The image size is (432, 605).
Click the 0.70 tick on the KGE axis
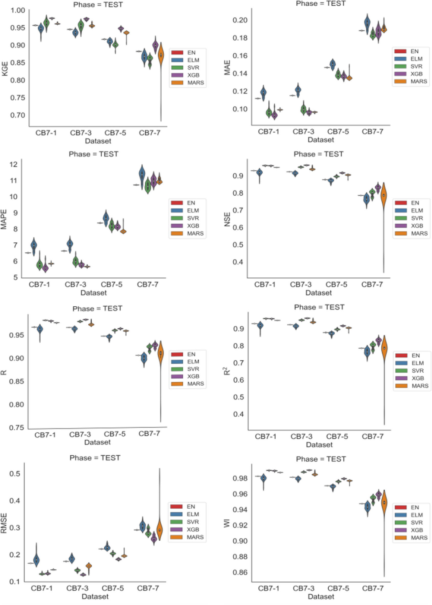18,115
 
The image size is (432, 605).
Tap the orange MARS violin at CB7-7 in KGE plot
161,55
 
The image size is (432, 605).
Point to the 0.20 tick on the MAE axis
240,20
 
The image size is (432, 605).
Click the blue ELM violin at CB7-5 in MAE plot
332,64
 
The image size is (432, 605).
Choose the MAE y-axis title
227,68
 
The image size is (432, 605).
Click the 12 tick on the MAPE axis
14,164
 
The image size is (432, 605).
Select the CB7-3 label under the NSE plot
301,285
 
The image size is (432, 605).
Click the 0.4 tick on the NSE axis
238,262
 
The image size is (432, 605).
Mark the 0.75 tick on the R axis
16,428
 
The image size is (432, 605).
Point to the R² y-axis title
227,371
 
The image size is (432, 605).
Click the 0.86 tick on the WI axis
240,572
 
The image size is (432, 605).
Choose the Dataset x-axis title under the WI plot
321,597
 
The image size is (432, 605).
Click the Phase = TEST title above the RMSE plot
95,458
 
